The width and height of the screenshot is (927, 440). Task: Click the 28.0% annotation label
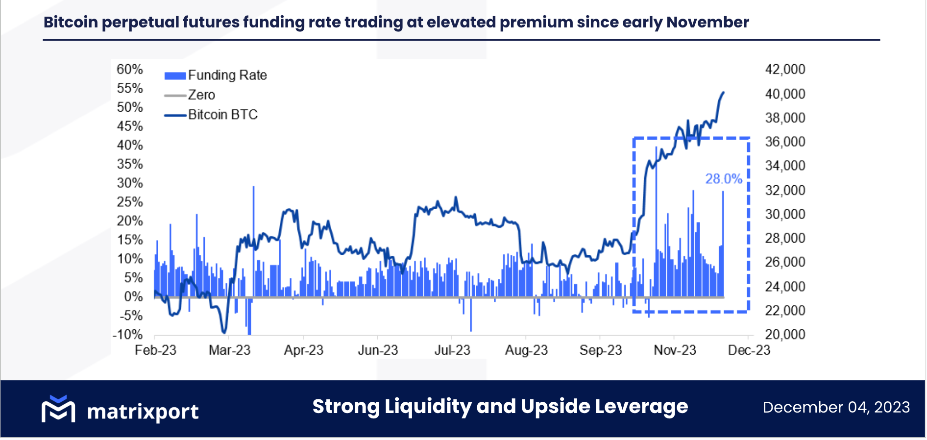coord(723,179)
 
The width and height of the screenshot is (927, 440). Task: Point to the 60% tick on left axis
coord(130,70)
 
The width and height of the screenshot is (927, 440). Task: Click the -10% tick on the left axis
coord(128,335)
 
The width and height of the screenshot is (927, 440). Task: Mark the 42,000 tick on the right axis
coord(785,70)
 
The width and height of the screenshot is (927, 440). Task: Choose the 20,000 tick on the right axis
coord(785,335)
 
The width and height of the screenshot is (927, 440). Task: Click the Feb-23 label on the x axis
coord(155,350)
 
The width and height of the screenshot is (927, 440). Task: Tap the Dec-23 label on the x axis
coord(749,350)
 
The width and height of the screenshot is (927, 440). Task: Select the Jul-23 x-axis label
coord(452,350)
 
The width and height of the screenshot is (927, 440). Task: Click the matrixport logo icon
coord(58,409)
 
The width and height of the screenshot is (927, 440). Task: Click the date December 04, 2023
coord(836,407)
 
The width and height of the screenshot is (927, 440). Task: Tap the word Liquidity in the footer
coord(428,407)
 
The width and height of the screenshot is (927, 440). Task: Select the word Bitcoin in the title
coord(71,22)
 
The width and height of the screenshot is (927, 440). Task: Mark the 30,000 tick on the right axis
coord(785,214)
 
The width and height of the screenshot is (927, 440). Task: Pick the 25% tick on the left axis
coord(130,202)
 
